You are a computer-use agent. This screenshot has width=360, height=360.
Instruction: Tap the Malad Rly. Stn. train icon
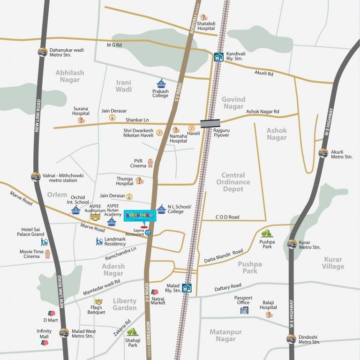click(x=187, y=288)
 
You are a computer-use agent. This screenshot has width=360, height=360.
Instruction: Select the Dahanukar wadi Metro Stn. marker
click(x=42, y=52)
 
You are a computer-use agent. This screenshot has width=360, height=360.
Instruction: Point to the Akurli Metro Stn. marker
click(x=323, y=153)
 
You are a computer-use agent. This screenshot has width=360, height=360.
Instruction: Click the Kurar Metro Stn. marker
click(x=292, y=244)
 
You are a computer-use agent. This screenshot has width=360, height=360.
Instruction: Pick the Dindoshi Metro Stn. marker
click(x=291, y=339)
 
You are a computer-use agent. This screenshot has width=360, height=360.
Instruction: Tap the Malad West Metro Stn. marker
click(x=64, y=333)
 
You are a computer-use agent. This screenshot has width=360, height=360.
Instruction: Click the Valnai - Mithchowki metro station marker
click(x=36, y=177)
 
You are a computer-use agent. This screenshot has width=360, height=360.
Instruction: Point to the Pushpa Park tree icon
click(x=266, y=233)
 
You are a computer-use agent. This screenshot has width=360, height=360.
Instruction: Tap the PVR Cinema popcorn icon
click(x=150, y=163)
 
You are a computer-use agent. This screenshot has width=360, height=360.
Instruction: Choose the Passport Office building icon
click(x=244, y=310)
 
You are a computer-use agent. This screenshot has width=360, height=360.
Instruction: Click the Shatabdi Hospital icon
click(x=203, y=18)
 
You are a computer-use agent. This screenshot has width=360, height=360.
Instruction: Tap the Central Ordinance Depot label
click(x=233, y=182)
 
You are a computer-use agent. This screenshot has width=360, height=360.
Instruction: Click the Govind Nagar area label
click(x=233, y=103)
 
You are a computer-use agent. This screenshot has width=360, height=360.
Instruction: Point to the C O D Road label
click(x=227, y=217)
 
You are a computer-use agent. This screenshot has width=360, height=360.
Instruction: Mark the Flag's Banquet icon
click(x=98, y=301)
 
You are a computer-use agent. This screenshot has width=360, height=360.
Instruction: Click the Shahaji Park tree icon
click(x=132, y=332)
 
